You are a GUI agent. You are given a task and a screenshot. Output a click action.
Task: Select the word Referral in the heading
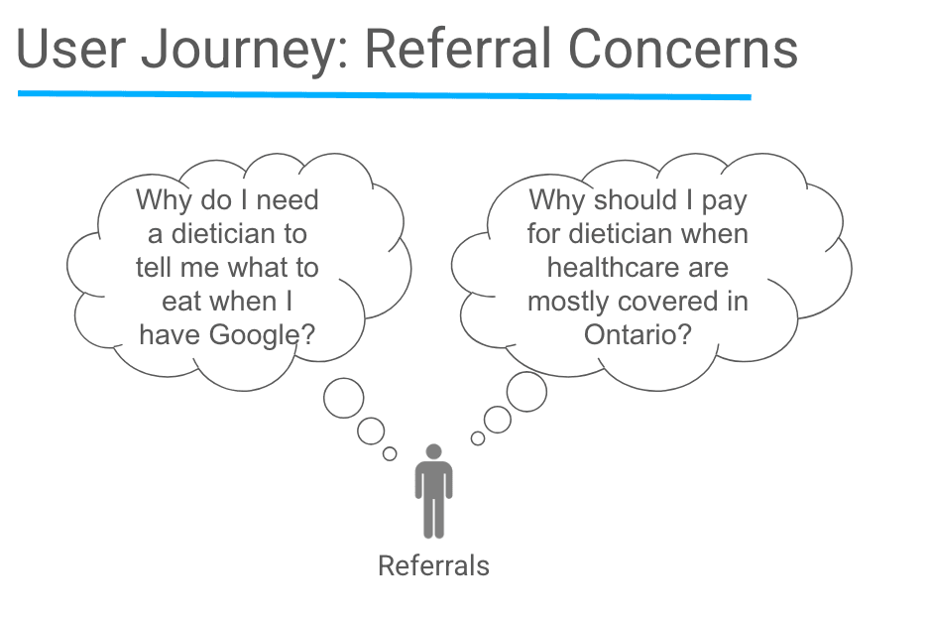pos(452,50)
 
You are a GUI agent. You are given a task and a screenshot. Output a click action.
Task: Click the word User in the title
pos(71,50)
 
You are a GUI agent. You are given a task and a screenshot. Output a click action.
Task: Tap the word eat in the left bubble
pos(181,302)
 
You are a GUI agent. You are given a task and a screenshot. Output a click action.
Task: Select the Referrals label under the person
pos(433,566)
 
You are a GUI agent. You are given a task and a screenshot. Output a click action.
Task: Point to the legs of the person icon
pos(433,516)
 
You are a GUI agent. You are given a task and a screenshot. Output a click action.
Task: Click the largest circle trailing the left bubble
pos(344,398)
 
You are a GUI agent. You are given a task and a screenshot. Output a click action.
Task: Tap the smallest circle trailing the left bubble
pos(390,453)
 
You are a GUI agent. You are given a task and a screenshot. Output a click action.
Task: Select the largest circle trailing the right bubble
pos(526,392)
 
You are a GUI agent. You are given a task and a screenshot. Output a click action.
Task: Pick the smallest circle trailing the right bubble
pos(478,437)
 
